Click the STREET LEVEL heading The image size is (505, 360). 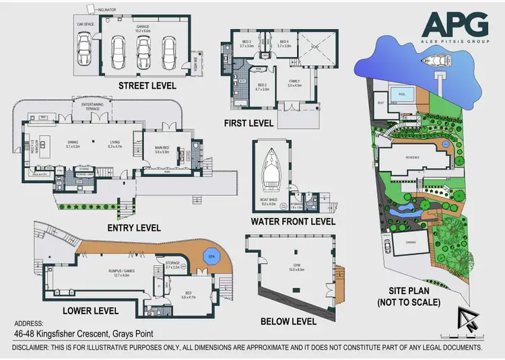pyautogui.click(x=147, y=85)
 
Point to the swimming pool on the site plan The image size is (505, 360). pyautogui.click(x=403, y=95)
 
